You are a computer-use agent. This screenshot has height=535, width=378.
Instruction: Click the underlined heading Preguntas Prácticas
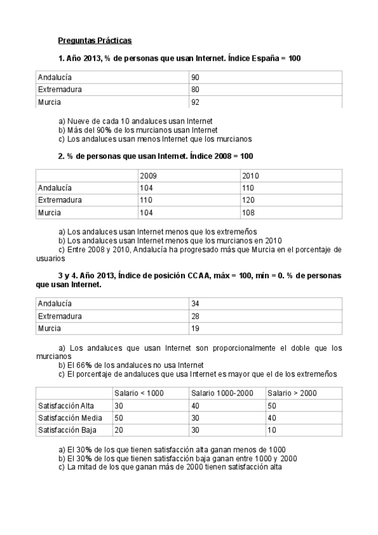(x=95, y=40)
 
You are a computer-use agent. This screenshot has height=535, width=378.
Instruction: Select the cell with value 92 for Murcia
(x=196, y=102)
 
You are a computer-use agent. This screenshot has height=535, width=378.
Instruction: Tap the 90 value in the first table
(x=196, y=77)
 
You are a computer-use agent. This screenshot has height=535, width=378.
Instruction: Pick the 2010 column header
(x=251, y=176)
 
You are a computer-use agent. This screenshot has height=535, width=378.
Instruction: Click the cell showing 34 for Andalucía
(x=196, y=303)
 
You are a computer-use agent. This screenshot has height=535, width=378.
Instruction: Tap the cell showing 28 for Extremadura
(x=196, y=316)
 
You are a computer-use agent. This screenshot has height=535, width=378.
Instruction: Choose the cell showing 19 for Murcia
(x=195, y=328)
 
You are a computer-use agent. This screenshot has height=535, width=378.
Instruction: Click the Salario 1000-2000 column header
(x=221, y=393)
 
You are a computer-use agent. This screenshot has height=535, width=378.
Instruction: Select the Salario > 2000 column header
(x=292, y=393)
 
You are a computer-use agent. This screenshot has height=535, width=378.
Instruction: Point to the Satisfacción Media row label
(x=70, y=418)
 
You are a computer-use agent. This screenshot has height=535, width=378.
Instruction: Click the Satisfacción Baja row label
(x=68, y=430)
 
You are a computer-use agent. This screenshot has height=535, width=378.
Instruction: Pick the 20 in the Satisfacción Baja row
(x=119, y=430)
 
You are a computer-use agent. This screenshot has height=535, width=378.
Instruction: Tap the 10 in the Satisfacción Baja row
(x=271, y=430)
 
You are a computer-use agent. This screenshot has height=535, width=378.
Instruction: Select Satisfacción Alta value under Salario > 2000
(x=272, y=405)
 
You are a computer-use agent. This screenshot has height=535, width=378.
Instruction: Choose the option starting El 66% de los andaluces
(x=131, y=365)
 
